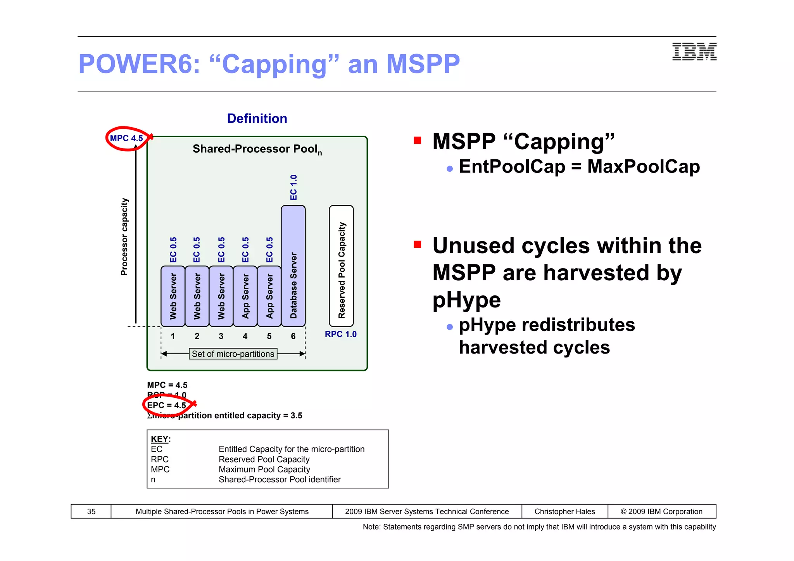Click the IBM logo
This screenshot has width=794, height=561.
694,52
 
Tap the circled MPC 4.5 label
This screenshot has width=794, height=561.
126,138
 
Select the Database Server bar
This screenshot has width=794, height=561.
293,266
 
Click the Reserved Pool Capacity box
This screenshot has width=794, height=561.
341,266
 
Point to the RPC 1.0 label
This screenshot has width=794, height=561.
340,334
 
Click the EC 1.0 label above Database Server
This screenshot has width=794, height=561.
293,188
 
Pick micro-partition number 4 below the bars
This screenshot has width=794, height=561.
245,336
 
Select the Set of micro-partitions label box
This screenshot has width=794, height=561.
233,354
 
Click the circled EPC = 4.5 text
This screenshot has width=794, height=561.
166,405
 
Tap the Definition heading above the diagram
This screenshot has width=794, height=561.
257,118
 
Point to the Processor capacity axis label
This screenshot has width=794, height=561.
124,237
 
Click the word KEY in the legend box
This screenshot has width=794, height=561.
159,439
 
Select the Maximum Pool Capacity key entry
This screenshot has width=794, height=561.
264,470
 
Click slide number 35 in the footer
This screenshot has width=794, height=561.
91,511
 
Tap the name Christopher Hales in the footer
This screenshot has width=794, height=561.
564,511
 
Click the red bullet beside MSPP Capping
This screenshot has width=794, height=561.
418,140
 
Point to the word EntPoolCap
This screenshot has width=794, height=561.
512,167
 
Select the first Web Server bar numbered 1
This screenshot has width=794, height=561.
173,296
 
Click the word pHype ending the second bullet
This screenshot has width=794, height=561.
466,300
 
